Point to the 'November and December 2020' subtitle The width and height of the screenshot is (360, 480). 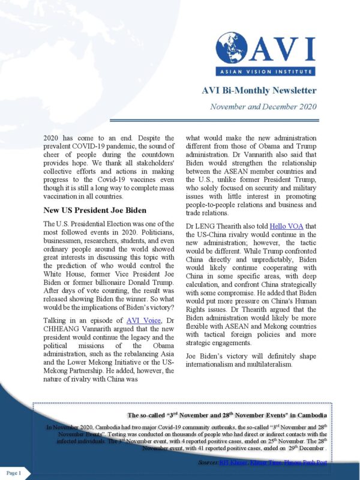click(263, 107)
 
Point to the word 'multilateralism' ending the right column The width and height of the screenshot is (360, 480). click(279, 364)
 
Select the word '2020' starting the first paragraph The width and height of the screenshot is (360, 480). click(53, 137)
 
